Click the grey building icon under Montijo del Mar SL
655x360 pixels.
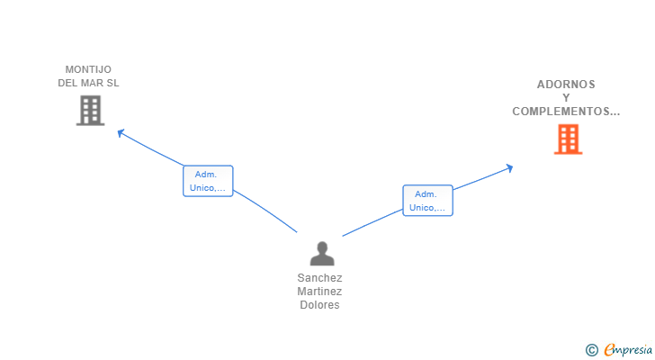click(90, 111)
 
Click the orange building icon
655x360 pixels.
click(567, 139)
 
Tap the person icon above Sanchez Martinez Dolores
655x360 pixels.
click(321, 254)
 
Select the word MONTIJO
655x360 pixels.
click(88, 69)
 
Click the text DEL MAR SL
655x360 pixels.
click(88, 83)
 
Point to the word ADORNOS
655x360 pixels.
click(566, 85)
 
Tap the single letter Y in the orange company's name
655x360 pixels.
click(566, 98)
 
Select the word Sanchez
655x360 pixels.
click(319, 278)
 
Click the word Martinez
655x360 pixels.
click(319, 292)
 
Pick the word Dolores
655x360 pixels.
click(319, 305)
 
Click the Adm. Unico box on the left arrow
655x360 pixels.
click(208, 181)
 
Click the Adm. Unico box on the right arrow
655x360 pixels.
click(427, 200)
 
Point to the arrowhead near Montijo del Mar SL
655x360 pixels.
click(120, 133)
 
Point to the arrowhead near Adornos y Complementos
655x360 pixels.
click(509, 167)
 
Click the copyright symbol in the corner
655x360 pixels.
click(591, 350)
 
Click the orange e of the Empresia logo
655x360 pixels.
click(609, 350)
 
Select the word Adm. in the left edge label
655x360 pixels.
click(207, 174)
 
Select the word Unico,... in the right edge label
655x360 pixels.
click(427, 208)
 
